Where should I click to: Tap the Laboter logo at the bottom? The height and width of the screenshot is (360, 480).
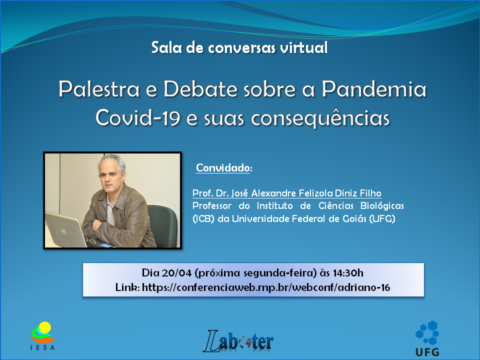click(x=238, y=341)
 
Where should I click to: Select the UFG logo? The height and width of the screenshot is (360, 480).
click(x=427, y=338)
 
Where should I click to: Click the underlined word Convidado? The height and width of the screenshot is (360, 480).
click(x=223, y=168)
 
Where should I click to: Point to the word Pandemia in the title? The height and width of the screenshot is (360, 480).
click(x=374, y=89)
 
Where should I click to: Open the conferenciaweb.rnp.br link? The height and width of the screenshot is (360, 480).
click(x=266, y=287)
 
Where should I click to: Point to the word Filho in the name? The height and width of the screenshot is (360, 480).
click(x=370, y=193)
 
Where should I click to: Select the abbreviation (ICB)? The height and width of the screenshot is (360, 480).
click(x=203, y=219)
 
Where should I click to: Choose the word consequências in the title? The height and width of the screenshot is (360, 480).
click(x=320, y=118)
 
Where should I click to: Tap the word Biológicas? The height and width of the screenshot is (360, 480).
click(x=382, y=205)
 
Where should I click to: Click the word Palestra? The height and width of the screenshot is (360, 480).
click(x=99, y=89)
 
